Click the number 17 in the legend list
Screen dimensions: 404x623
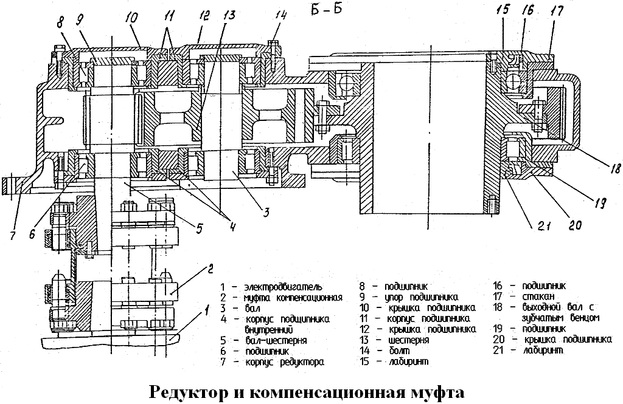503,296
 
